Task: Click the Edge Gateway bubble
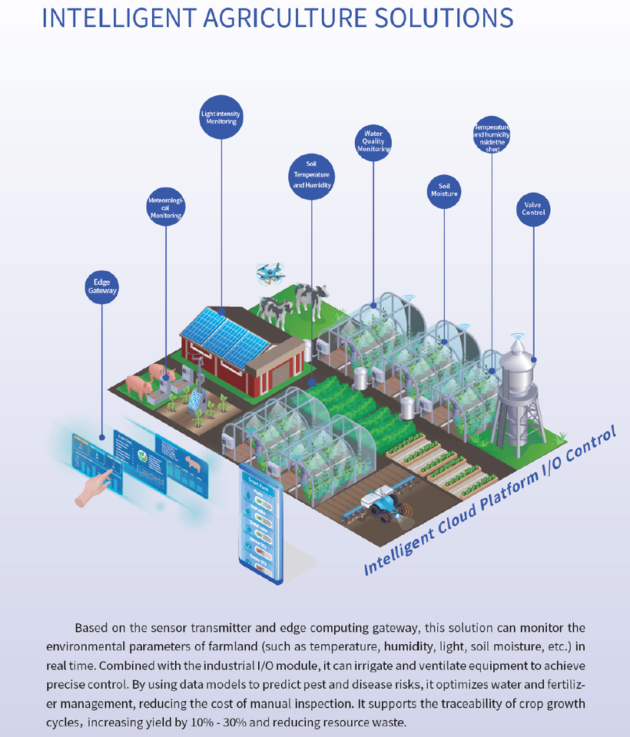(x=102, y=286)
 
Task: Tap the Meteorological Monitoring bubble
(x=166, y=208)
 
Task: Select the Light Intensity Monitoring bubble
(x=220, y=118)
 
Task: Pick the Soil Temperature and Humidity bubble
(x=311, y=174)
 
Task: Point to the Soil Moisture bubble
(x=444, y=190)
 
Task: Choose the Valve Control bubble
(x=533, y=208)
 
